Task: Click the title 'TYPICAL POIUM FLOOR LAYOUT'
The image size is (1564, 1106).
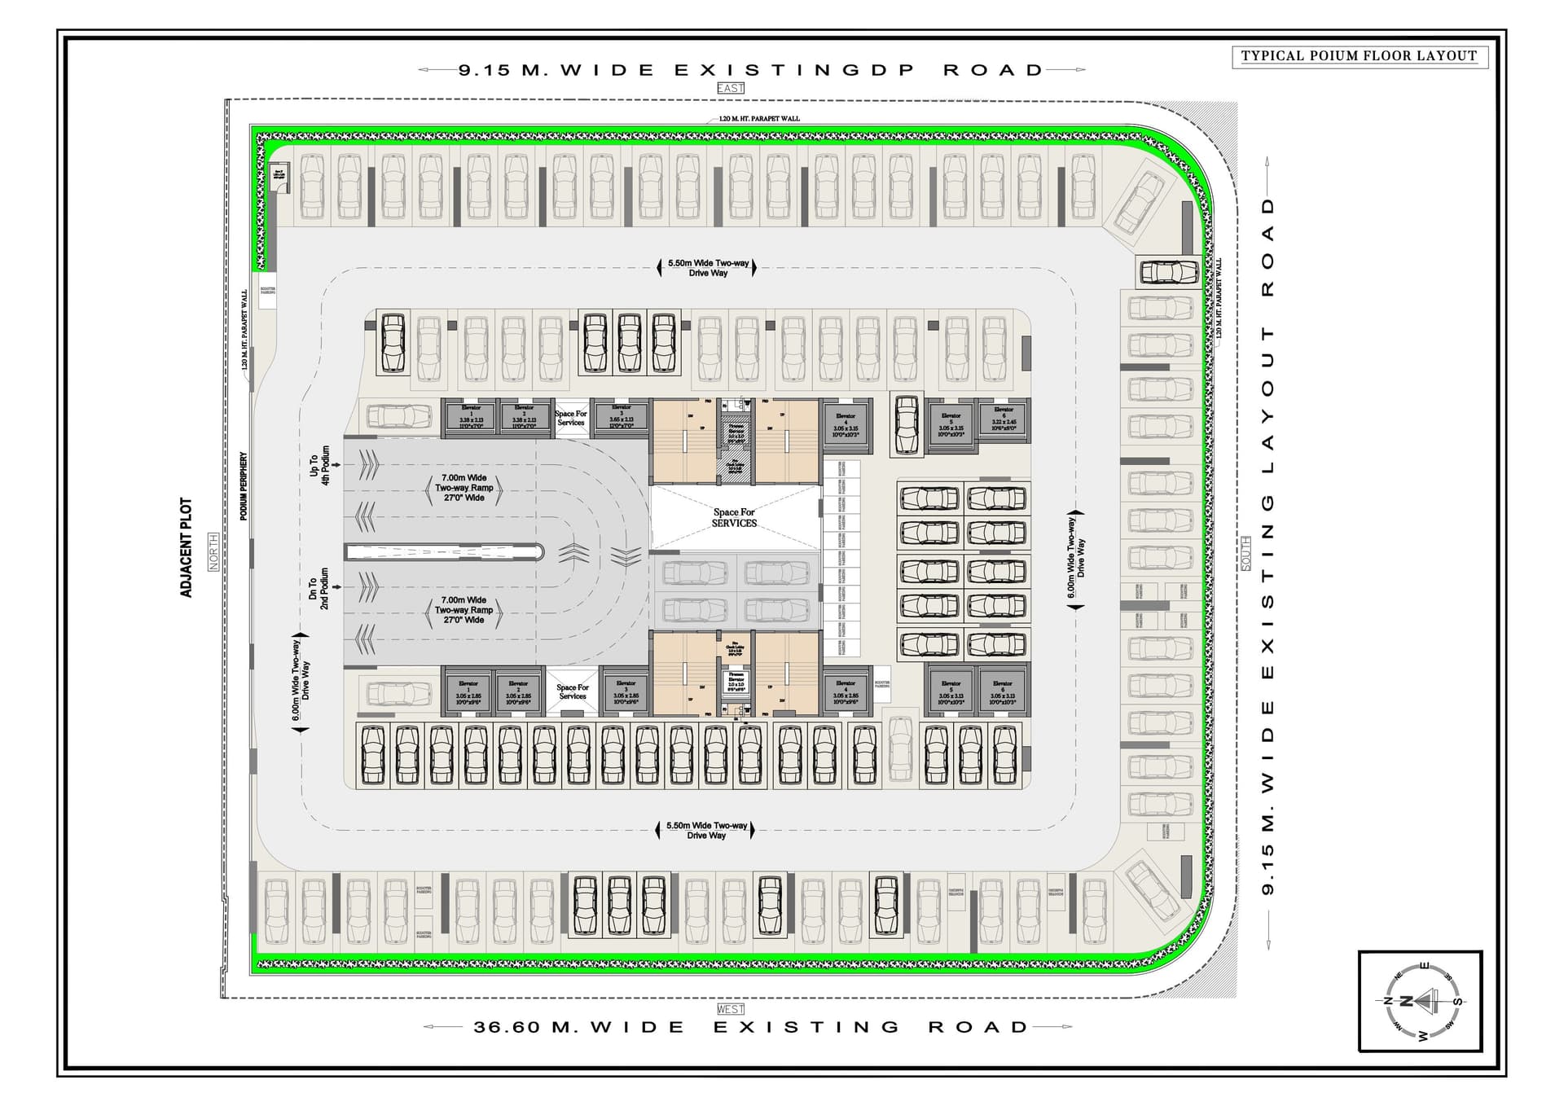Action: tap(1359, 56)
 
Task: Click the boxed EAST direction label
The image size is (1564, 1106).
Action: tap(731, 88)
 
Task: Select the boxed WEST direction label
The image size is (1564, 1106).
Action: tap(731, 1009)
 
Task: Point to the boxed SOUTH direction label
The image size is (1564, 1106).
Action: tap(1245, 554)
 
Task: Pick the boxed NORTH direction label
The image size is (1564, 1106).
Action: tap(213, 551)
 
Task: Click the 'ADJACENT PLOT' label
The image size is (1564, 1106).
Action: tap(187, 548)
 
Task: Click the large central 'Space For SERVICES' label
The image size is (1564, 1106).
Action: tap(734, 518)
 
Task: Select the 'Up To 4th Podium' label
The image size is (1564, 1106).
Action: tap(320, 465)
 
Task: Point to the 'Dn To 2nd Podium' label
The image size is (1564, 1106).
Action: tap(319, 589)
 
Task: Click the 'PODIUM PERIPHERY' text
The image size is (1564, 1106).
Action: tap(243, 486)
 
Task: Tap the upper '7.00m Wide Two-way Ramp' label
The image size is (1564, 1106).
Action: tap(464, 488)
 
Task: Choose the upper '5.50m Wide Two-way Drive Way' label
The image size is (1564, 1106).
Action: tap(708, 268)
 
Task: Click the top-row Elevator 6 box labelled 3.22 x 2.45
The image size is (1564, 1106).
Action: tap(1004, 420)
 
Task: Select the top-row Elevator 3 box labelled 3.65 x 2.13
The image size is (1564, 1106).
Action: tap(622, 418)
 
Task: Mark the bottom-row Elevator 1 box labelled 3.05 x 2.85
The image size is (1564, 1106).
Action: tap(468, 693)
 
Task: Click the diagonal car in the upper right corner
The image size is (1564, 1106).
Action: tap(1139, 201)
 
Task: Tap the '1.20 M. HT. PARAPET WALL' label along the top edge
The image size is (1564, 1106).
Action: tap(759, 119)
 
